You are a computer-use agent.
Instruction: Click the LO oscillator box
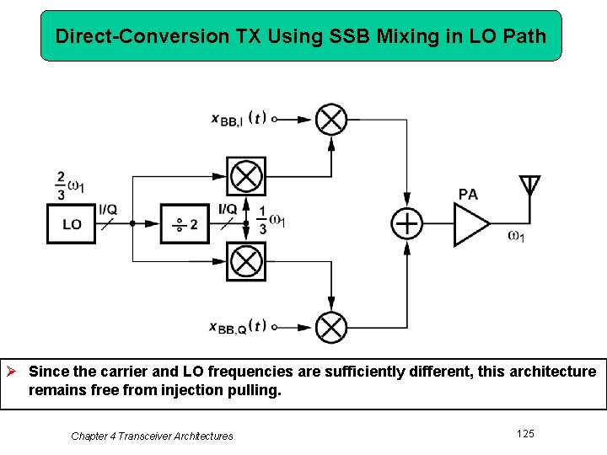click(x=72, y=224)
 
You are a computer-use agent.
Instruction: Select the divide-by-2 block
click(x=185, y=224)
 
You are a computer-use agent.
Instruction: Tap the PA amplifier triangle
click(x=470, y=224)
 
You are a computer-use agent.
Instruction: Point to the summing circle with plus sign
click(x=407, y=224)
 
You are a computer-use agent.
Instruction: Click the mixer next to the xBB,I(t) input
click(x=331, y=120)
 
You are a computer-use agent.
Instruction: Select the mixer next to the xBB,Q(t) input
click(x=331, y=327)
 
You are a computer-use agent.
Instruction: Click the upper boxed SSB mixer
click(x=245, y=177)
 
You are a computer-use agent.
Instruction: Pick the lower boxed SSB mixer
click(x=245, y=261)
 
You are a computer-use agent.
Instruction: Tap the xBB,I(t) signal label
click(x=239, y=119)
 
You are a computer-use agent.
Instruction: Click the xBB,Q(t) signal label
click(x=239, y=327)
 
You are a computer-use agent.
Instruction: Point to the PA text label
click(x=468, y=195)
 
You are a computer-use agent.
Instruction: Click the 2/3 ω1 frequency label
click(x=68, y=185)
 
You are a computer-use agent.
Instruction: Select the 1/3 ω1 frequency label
click(x=271, y=221)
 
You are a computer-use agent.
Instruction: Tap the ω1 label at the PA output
click(x=516, y=236)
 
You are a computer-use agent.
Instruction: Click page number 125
click(x=525, y=433)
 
